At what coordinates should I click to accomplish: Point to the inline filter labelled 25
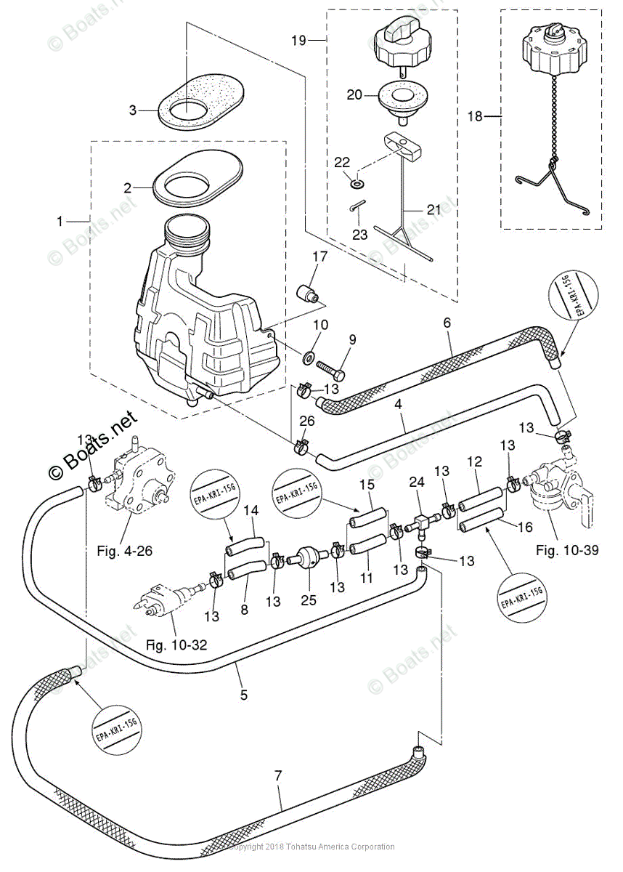tap(309, 559)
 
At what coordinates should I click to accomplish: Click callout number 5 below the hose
tap(243, 695)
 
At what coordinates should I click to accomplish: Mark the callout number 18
tap(475, 117)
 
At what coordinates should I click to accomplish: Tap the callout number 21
tap(433, 210)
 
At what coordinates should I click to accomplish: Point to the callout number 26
tap(307, 420)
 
